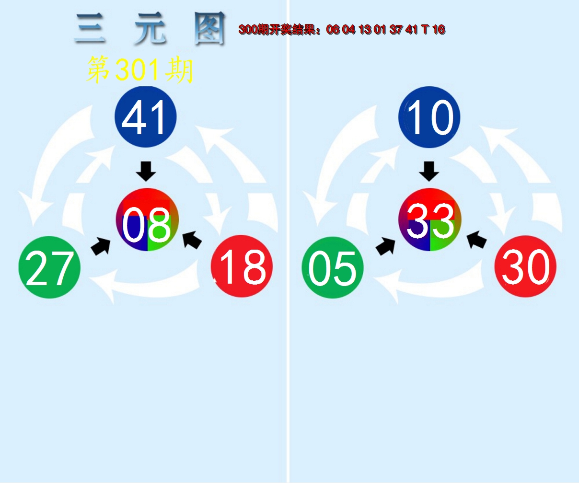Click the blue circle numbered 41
pos(146,117)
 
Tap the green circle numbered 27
pos(49,267)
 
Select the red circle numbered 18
pos(242,266)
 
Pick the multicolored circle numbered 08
pos(147,219)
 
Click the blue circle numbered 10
pos(429,117)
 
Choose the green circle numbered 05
pos(333,267)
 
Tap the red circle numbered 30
pos(525,266)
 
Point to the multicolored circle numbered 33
pos(430,219)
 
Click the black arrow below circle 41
pos(146,172)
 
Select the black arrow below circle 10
pos(429,172)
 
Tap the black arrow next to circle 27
pos(101,246)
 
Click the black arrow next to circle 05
pos(386,246)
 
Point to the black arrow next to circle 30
pos(477,239)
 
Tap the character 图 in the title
pos(209,29)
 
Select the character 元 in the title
pos(150,29)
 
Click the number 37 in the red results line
pos(396,29)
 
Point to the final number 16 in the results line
pos(439,29)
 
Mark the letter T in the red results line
pos(425,29)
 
